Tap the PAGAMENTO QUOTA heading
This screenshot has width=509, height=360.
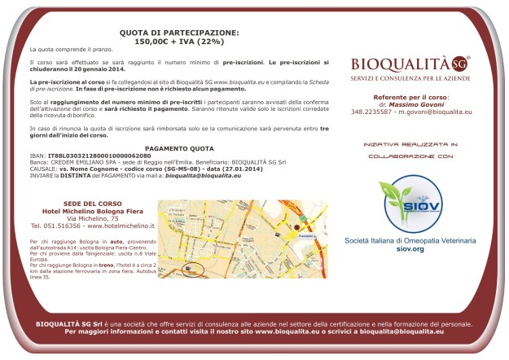[x=178, y=149]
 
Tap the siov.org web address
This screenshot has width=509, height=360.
[x=411, y=248]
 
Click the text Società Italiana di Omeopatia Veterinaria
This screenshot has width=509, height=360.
[x=411, y=241]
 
